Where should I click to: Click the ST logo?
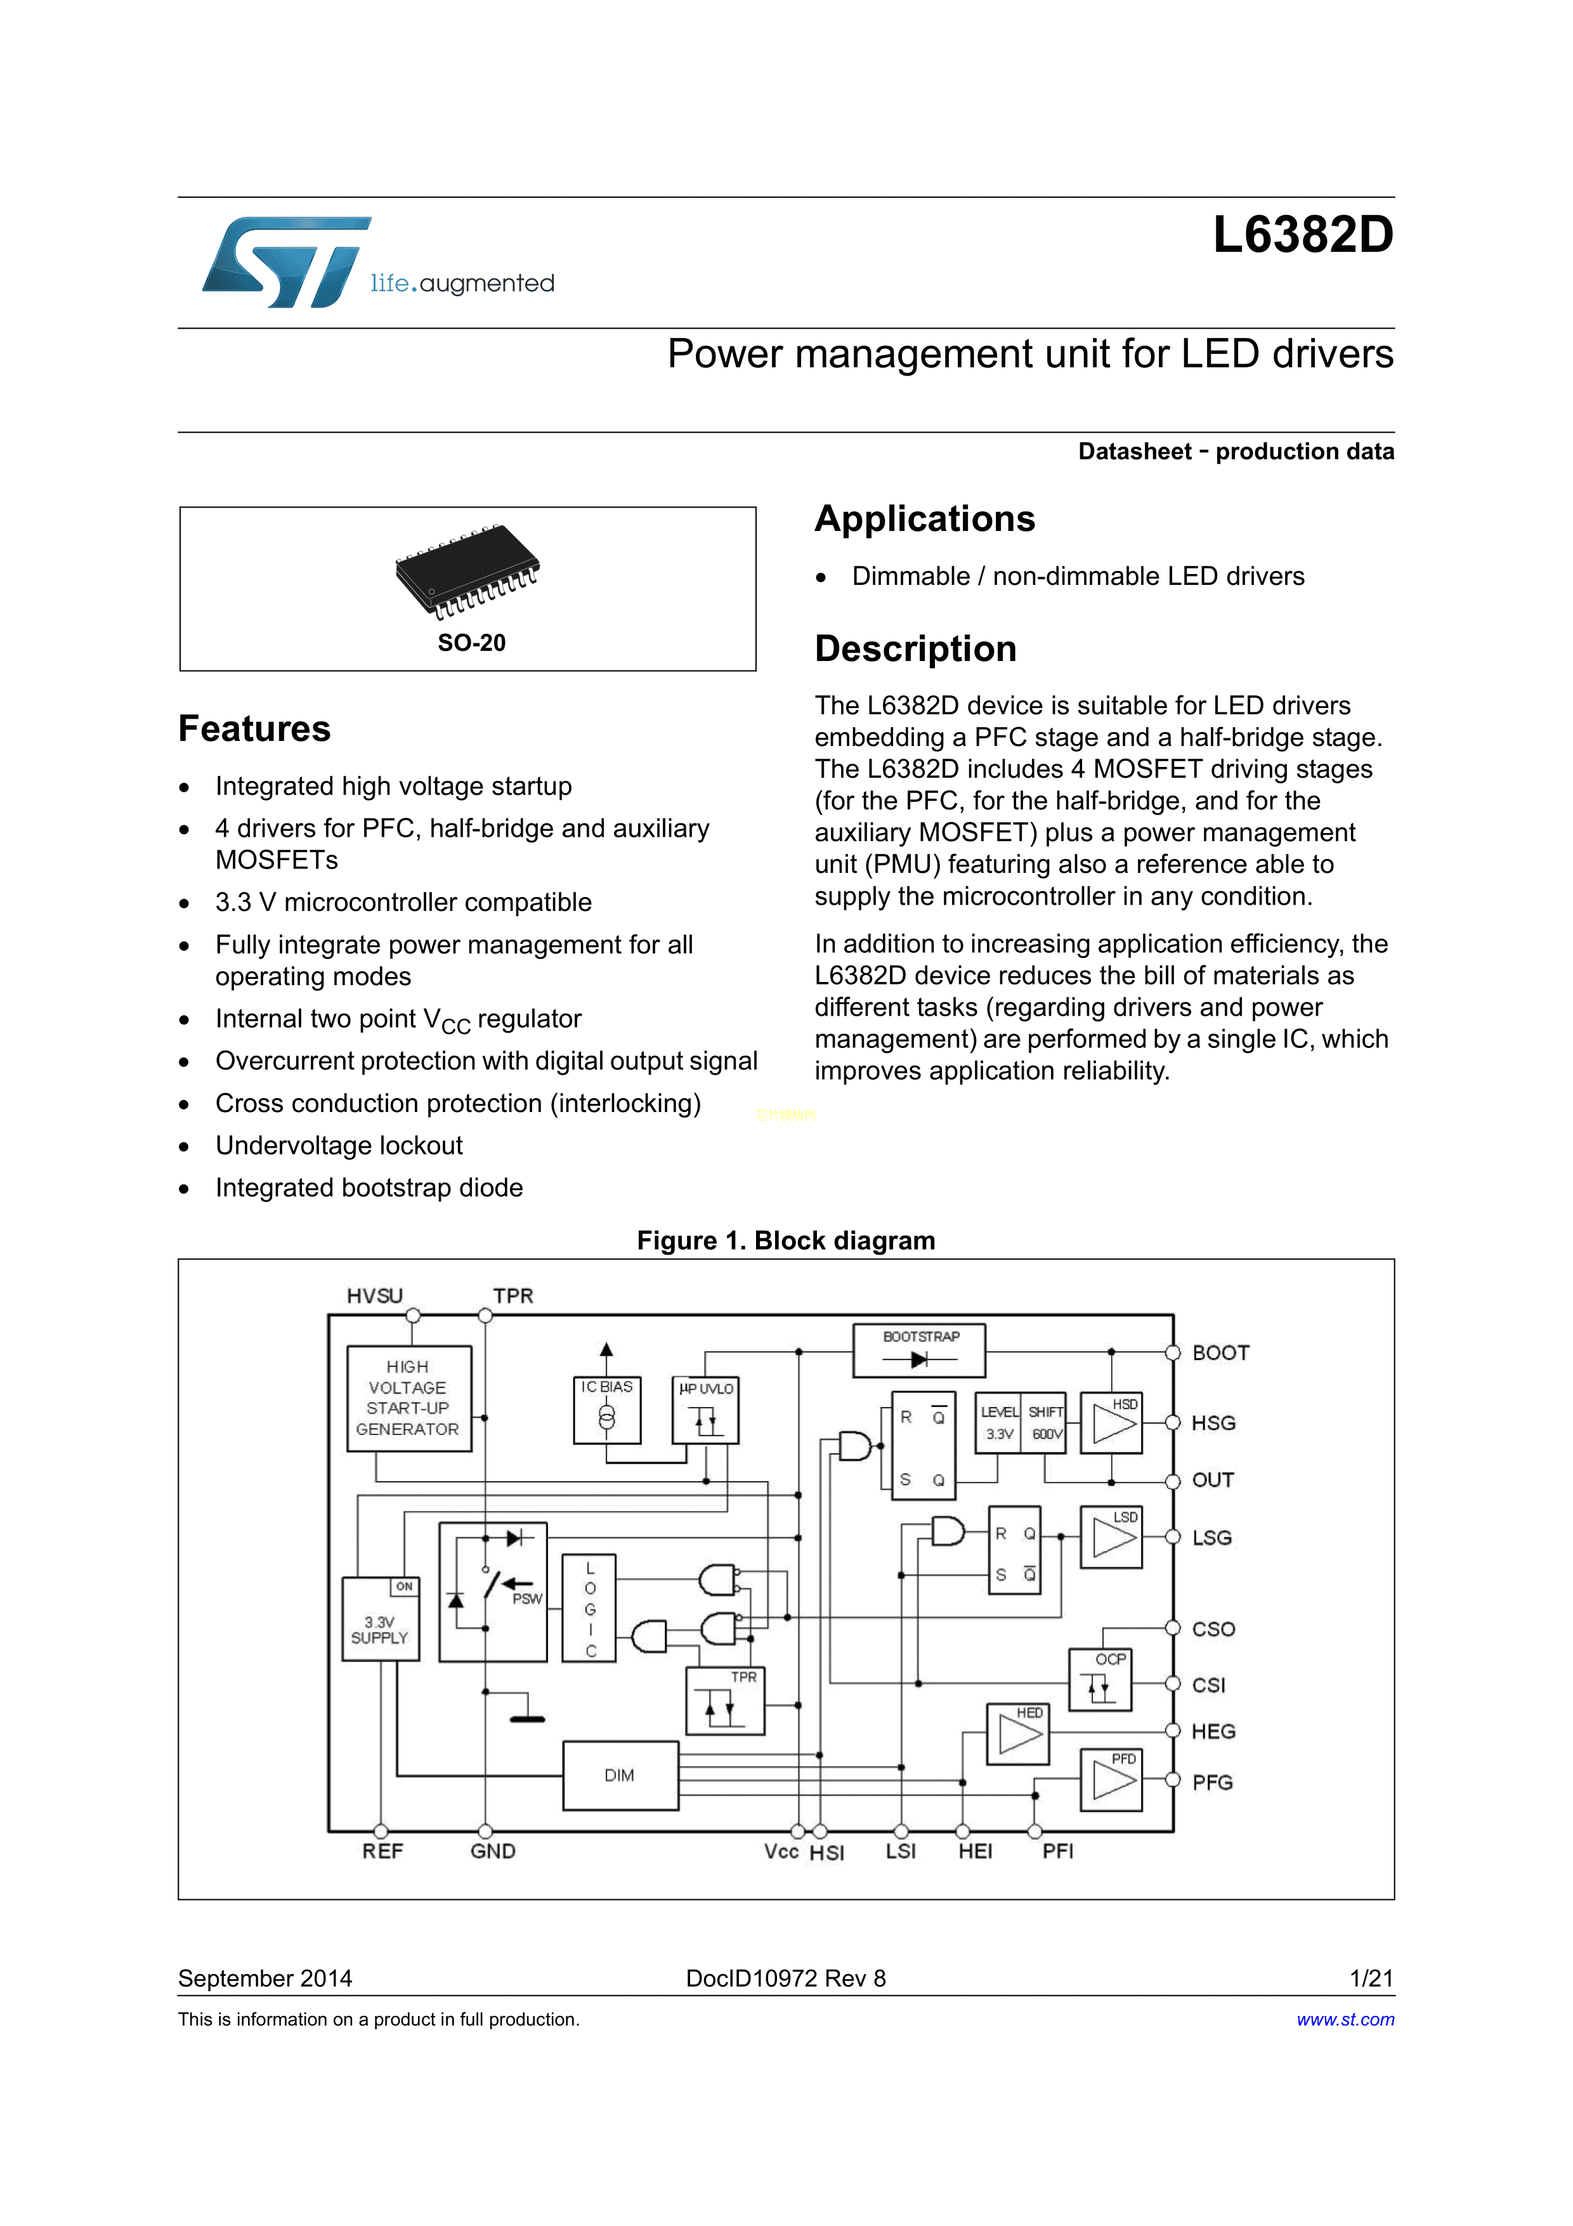[287, 262]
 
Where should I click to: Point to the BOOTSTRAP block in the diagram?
[919, 1349]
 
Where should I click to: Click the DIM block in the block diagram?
[619, 1774]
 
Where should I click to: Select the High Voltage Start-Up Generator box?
[408, 1397]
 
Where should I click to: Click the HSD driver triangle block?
[1112, 1424]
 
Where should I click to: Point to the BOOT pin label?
[1220, 1352]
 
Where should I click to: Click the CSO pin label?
[1213, 1629]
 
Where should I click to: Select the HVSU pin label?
[374, 1295]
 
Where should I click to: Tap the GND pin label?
[492, 1851]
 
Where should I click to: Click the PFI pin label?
[1057, 1851]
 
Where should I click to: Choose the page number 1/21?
[1371, 1978]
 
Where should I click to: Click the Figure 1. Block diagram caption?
[785, 1240]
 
